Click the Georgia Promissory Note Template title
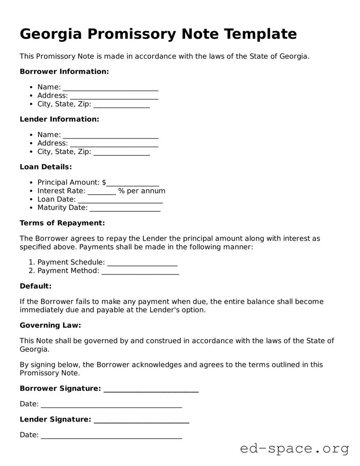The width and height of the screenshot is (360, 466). point(158,34)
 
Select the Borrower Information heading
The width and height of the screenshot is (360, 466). point(64,72)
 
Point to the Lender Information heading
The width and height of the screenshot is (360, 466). point(59,119)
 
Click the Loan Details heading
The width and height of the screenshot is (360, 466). point(46,167)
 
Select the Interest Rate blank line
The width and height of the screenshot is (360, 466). point(102,192)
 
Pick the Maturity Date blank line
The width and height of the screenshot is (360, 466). point(125,209)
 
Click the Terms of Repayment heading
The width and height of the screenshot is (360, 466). point(62,223)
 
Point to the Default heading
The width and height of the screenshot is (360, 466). point(35,286)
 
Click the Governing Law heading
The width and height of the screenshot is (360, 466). point(50,326)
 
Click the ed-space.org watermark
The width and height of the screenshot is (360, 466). point(294,449)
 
